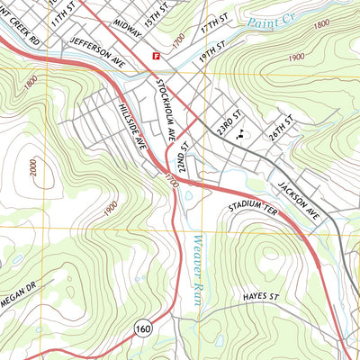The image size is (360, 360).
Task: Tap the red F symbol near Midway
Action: tap(157, 55)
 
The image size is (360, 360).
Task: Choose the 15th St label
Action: tap(157, 21)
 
